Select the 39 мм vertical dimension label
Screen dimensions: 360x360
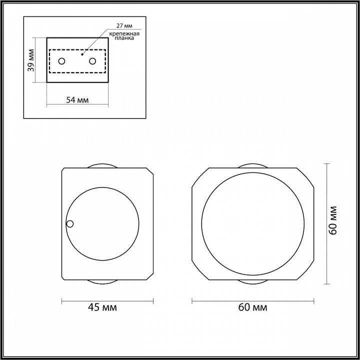(31, 59)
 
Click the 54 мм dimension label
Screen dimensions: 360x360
(77, 100)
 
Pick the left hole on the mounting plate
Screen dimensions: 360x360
(62, 61)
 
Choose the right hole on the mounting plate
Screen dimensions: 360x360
(92, 61)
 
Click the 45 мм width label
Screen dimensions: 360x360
(102, 307)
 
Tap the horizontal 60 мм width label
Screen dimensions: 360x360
(253, 307)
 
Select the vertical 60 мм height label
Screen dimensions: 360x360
(333, 220)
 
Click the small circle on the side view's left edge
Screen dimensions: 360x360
(70, 223)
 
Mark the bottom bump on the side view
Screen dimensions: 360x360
(103, 280)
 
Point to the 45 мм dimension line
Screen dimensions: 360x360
(107, 300)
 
